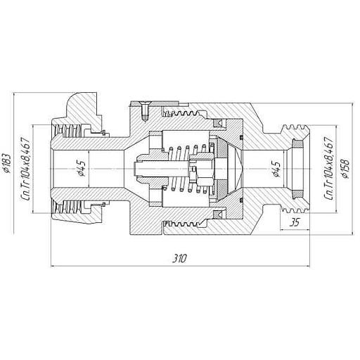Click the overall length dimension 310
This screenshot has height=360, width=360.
180,259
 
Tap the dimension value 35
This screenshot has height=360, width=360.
295,222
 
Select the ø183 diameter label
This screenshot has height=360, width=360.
6,163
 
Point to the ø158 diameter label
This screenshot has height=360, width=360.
345,169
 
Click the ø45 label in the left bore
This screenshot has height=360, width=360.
81,168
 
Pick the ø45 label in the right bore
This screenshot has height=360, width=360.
276,169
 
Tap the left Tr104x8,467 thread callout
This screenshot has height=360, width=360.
26,169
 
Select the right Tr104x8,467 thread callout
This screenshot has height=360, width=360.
328,168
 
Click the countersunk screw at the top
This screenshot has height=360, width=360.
145,110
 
